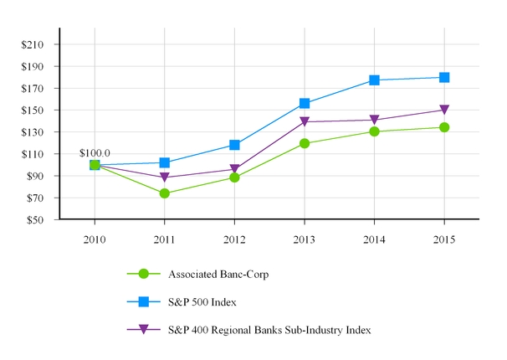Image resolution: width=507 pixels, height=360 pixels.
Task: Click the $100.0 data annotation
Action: coord(95,153)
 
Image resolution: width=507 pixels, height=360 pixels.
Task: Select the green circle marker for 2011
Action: coord(165,193)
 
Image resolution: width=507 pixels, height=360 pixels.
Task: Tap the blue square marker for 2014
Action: coord(375,80)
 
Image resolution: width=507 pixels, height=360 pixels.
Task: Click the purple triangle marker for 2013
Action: coord(305,122)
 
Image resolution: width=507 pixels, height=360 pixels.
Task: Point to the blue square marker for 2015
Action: coord(444,77)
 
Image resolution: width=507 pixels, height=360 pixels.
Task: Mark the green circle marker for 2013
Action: coord(305,143)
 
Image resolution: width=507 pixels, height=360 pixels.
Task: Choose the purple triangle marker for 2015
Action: coord(444,111)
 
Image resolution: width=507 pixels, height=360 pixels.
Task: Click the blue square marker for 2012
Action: coord(235,145)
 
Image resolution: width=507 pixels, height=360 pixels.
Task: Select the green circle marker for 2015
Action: coord(444,127)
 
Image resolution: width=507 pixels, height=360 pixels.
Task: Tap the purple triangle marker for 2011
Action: coord(165,178)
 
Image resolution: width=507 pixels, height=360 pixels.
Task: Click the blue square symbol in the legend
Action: coord(143,301)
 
